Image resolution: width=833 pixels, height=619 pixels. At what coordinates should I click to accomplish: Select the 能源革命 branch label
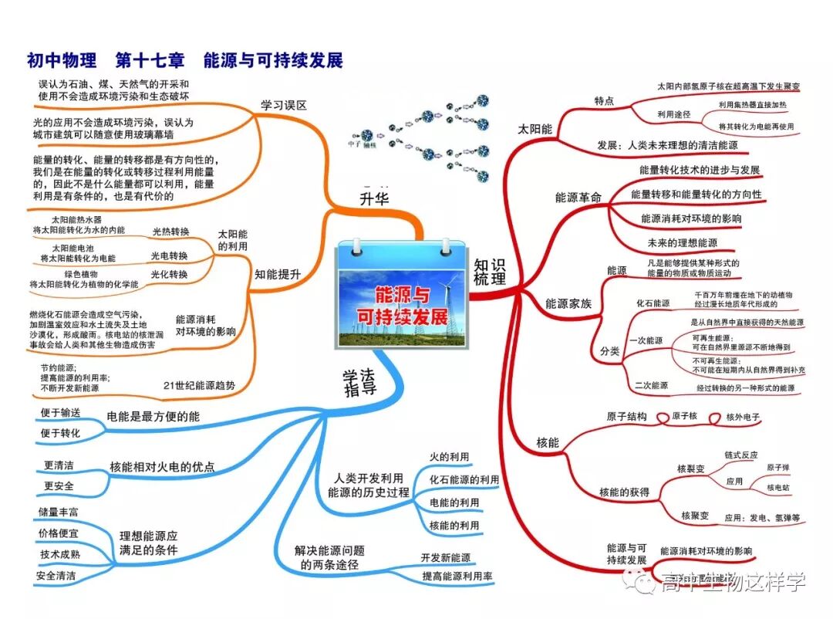pos(578,197)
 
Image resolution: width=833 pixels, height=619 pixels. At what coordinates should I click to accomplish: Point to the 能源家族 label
pos(568,304)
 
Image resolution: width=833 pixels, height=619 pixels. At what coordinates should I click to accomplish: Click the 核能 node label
pos(548,443)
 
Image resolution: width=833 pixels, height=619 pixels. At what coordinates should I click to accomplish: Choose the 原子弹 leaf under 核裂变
pos(777,468)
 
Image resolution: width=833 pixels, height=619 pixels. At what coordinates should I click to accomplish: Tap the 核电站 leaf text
pos(777,488)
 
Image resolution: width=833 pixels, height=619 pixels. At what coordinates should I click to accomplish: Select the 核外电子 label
pos(744,417)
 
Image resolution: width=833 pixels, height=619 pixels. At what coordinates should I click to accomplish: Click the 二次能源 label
pos(651,385)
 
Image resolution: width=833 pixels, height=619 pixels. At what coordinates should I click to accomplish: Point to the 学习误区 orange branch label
pos(284,106)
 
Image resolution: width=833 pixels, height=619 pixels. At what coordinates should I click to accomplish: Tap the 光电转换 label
pos(169,255)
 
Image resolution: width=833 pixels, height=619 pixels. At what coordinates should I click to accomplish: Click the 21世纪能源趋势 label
pos(199,385)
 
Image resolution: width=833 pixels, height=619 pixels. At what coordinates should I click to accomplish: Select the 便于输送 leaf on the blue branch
pos(60,413)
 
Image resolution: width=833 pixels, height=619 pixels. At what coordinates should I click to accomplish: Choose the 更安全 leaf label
pos(59,486)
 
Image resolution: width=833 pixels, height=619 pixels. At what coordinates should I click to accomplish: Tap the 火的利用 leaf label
pos(449,458)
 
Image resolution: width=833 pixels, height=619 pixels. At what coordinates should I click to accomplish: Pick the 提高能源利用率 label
pos(457,577)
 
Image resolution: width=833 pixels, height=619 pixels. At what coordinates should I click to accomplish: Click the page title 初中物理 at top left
pos(62,60)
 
